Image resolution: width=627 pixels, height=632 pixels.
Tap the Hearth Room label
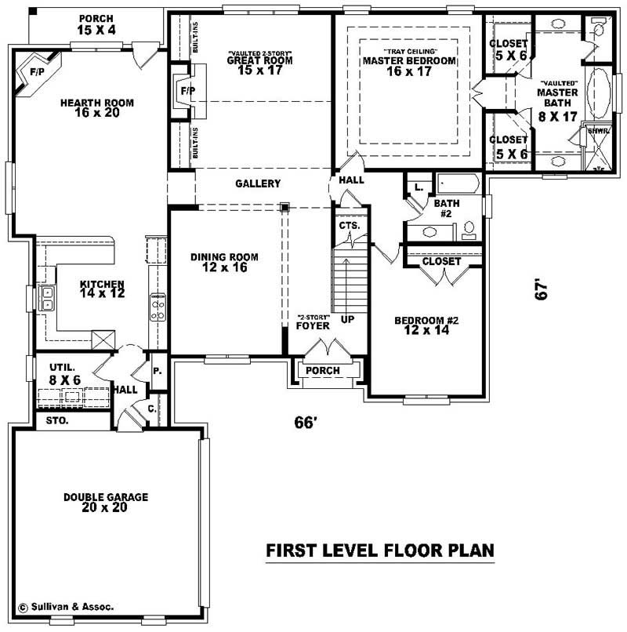tap(97, 107)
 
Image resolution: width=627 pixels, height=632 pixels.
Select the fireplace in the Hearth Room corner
tap(36, 72)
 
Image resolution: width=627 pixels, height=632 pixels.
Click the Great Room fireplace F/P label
tap(187, 91)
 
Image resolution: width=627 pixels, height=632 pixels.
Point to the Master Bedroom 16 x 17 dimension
tap(409, 71)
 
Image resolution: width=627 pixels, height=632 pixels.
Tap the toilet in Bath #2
tap(469, 230)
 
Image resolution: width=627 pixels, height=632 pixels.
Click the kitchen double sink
tap(46, 300)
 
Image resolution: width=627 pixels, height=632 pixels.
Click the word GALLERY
tap(258, 183)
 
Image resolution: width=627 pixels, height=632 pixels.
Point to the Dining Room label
tap(225, 262)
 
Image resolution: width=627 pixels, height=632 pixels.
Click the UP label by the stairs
tap(347, 321)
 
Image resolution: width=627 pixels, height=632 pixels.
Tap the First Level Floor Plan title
tap(380, 551)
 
